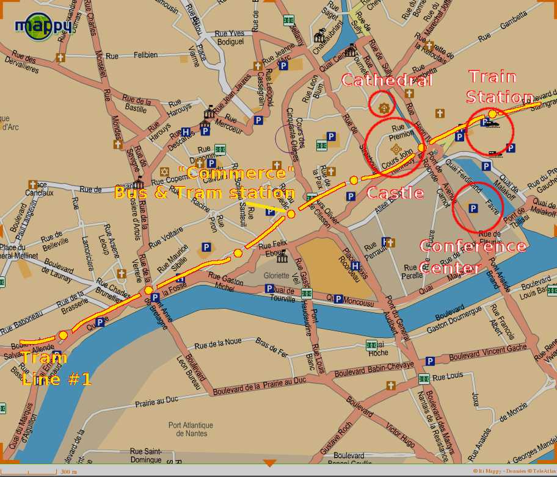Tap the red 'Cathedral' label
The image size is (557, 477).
[x=386, y=80]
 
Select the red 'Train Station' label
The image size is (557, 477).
[x=500, y=87]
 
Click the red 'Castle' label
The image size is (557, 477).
[x=395, y=193]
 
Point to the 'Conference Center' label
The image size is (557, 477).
[x=472, y=257]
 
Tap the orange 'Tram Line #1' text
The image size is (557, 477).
[x=56, y=368]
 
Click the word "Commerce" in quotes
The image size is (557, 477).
[x=236, y=173]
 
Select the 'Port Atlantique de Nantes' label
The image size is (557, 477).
[x=191, y=429]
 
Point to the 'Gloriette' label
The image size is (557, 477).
[x=277, y=275]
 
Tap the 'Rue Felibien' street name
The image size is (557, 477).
[x=131, y=56]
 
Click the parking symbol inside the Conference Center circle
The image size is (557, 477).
[x=473, y=209]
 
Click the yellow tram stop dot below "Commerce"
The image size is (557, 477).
[x=291, y=213]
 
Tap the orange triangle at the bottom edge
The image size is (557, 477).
[x=269, y=463]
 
